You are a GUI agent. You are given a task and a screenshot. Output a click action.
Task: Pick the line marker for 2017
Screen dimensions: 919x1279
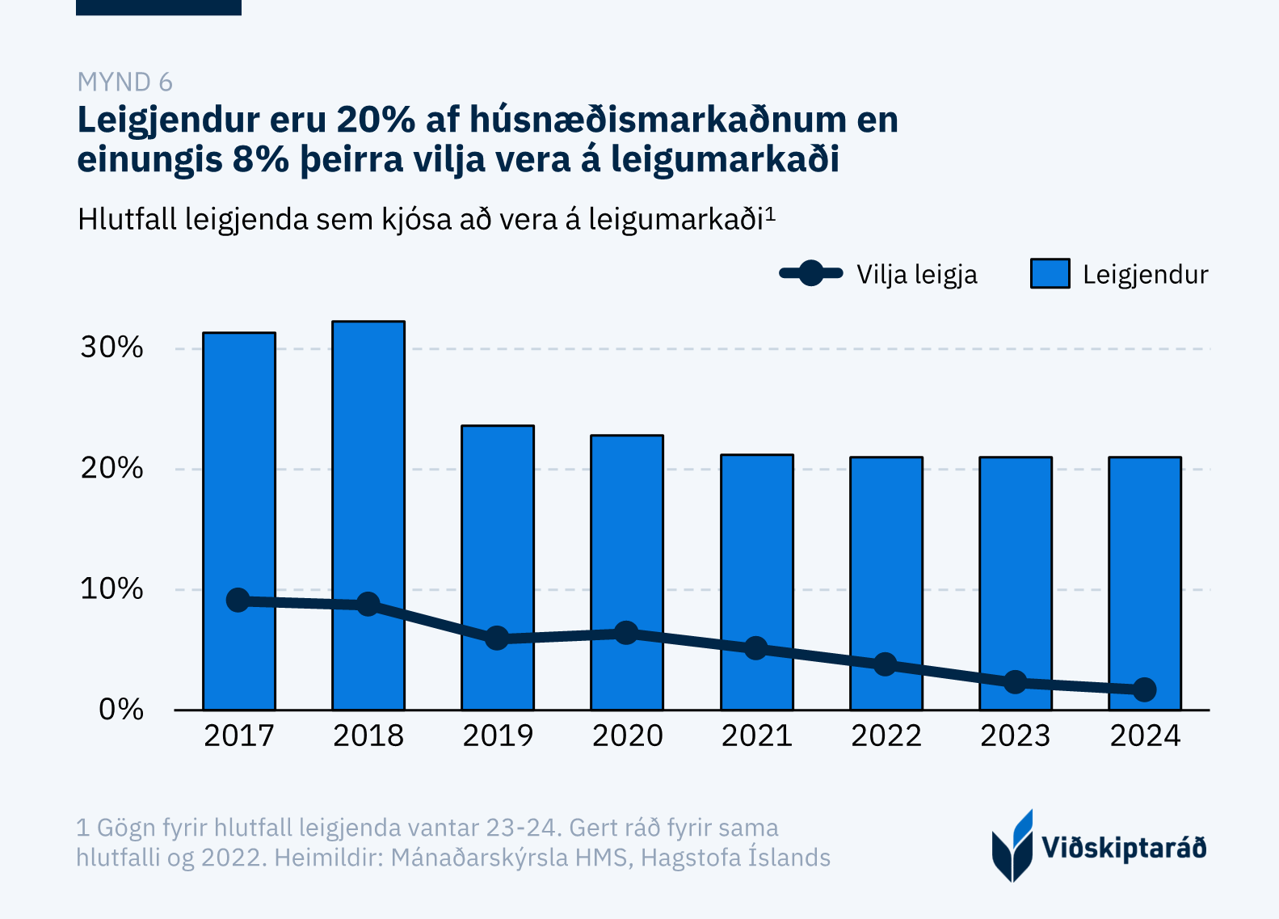pyautogui.click(x=238, y=600)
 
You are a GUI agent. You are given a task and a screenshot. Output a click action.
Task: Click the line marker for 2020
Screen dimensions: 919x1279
pyautogui.click(x=626, y=633)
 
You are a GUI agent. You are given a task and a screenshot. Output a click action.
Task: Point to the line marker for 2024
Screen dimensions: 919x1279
pyautogui.click(x=1144, y=689)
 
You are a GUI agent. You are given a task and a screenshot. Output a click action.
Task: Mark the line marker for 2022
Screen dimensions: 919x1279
pyautogui.click(x=886, y=664)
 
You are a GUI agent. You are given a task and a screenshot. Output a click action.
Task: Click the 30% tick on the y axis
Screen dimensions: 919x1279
pyautogui.click(x=111, y=348)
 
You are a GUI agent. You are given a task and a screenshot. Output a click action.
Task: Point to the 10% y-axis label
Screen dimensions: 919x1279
pyautogui.click(x=111, y=589)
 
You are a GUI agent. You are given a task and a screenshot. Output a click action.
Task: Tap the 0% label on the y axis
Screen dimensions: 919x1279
pyautogui.click(x=120, y=710)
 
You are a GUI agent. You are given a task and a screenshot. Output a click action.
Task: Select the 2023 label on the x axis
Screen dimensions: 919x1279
pyautogui.click(x=1015, y=736)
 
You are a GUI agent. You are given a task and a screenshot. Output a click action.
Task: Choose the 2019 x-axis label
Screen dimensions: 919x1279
pyautogui.click(x=498, y=736)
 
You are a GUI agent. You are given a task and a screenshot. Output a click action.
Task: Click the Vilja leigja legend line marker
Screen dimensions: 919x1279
pyautogui.click(x=811, y=274)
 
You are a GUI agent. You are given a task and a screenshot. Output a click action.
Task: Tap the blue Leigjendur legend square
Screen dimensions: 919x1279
pyautogui.click(x=1050, y=274)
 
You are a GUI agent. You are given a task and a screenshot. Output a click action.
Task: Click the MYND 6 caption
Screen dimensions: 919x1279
pyautogui.click(x=124, y=82)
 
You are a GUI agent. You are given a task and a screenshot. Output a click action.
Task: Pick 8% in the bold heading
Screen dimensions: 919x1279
pyautogui.click(x=261, y=158)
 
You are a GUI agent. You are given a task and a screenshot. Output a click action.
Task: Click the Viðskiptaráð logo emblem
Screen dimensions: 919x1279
pyautogui.click(x=1012, y=846)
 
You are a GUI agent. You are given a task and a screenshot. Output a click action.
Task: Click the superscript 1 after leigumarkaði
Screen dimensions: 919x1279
pyautogui.click(x=770, y=213)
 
